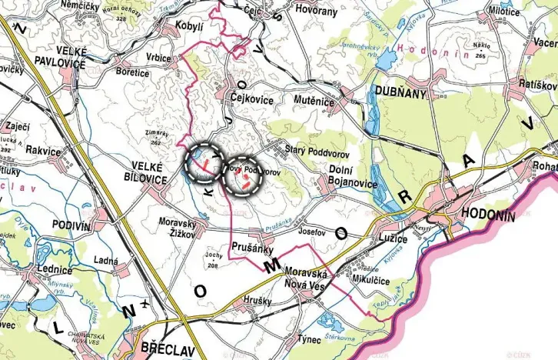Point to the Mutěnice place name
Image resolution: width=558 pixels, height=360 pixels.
313,100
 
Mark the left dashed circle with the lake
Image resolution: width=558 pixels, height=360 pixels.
204,162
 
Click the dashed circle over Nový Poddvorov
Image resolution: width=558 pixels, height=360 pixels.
242,175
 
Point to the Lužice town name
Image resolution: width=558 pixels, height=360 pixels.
393,239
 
